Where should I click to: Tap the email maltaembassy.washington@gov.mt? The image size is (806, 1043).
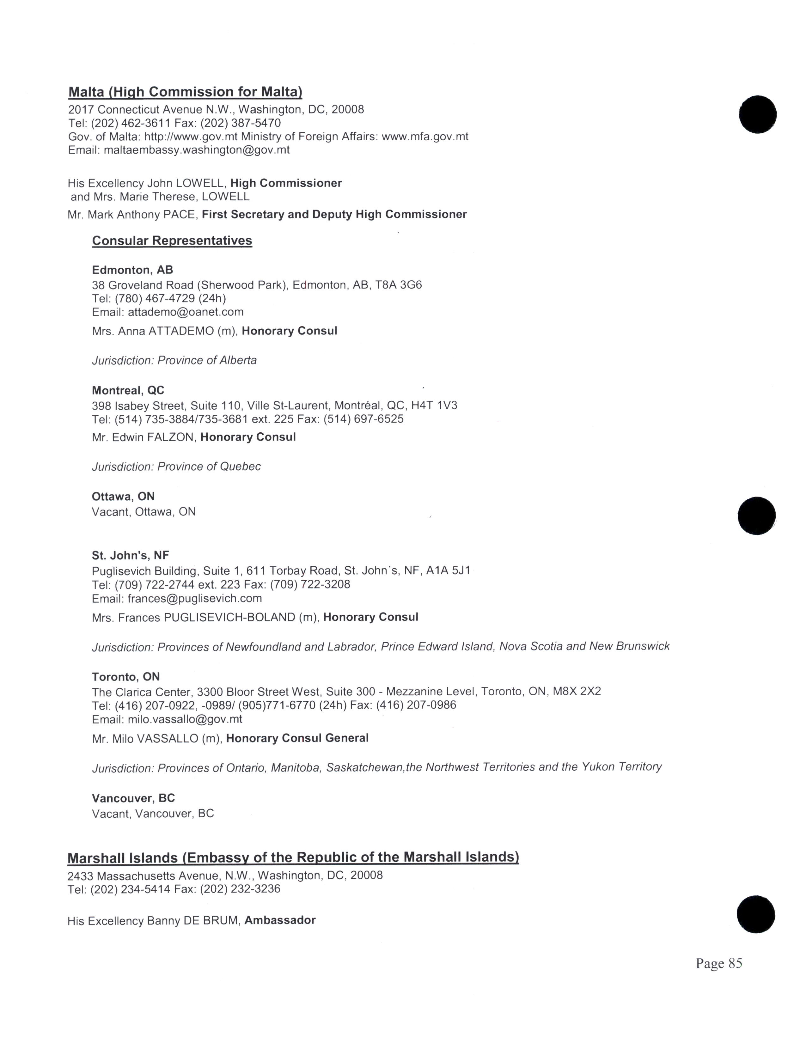[197, 150]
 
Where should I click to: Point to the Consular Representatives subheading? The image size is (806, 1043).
[172, 241]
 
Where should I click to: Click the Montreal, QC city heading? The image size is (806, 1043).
[128, 391]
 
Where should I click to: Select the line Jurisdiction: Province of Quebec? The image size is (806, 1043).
[176, 467]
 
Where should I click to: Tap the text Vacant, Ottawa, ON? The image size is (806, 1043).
[144, 512]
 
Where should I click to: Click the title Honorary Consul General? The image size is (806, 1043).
[297, 738]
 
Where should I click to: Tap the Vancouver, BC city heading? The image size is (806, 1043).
[133, 798]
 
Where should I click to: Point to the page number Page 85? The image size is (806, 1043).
[719, 964]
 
